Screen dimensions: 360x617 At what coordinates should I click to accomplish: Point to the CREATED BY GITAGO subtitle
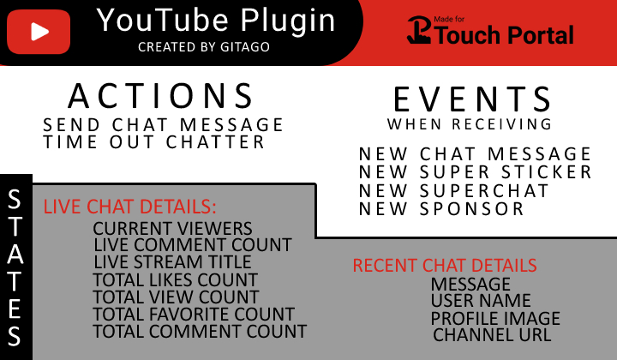pos(204,46)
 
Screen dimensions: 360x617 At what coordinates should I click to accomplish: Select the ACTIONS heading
pos(161,95)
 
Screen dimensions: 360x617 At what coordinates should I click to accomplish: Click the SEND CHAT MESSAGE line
pos(164,126)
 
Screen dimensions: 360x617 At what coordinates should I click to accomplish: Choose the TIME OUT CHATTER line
pos(154,142)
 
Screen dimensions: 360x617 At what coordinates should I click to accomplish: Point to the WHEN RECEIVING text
pos(470,125)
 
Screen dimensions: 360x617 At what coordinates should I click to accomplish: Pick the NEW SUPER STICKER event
pos(476,172)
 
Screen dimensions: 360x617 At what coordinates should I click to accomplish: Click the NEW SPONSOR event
pos(442,208)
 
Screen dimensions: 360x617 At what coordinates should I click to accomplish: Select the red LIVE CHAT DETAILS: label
pos(130,207)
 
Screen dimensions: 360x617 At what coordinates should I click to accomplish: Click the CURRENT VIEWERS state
pos(173,229)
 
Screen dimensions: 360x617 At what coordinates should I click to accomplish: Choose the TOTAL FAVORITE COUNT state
pos(195,314)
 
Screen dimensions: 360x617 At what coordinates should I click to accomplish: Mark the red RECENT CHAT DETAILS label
pos(445,266)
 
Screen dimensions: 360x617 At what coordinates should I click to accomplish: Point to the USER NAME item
pos(481,301)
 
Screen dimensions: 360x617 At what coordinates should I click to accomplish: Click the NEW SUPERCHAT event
pos(454,190)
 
